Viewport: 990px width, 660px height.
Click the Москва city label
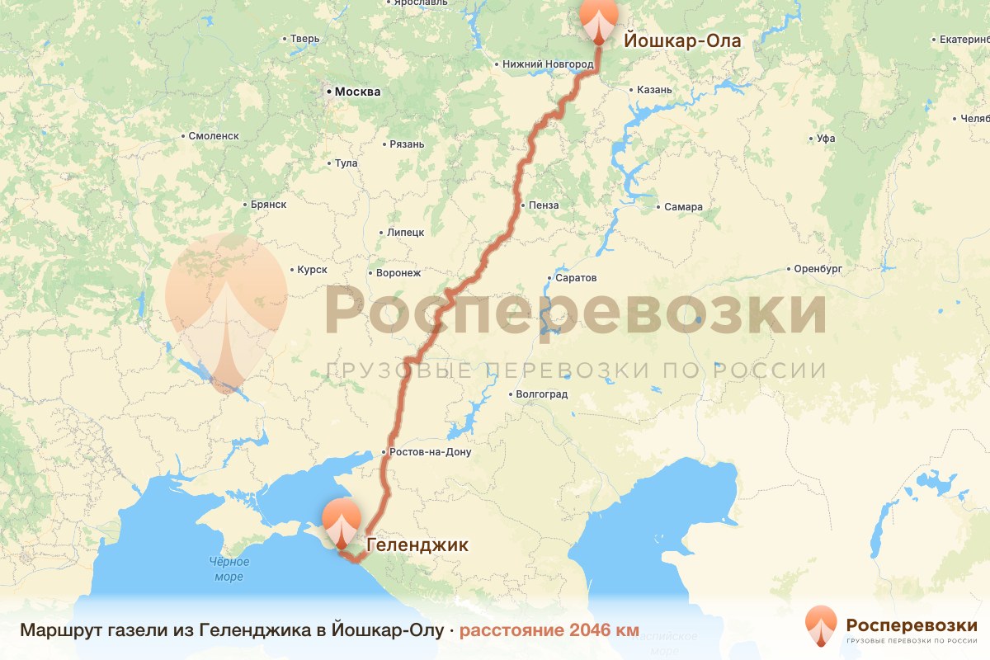pos(357,92)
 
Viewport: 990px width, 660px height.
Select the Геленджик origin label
pos(417,544)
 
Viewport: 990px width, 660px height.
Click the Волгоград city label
pos(541,394)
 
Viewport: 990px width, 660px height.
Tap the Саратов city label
pos(576,279)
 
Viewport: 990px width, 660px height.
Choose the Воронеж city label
pos(398,272)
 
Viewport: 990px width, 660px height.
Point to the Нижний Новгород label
pos(548,64)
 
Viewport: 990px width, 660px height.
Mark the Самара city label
pos(683,206)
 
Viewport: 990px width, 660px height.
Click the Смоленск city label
pos(213,136)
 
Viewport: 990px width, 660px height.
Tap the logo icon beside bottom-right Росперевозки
pos(821,626)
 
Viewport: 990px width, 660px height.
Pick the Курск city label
pos(312,270)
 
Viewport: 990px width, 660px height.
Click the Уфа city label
pos(825,139)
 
